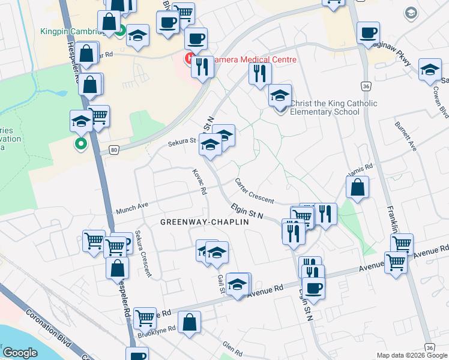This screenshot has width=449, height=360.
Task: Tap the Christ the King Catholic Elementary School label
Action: [x=334, y=107]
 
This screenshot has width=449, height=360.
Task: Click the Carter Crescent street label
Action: [x=254, y=191]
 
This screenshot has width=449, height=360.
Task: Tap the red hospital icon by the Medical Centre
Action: [x=189, y=59]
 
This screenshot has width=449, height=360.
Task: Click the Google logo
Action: [x=20, y=353]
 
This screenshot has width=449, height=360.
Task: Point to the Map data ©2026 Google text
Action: [x=412, y=355]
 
